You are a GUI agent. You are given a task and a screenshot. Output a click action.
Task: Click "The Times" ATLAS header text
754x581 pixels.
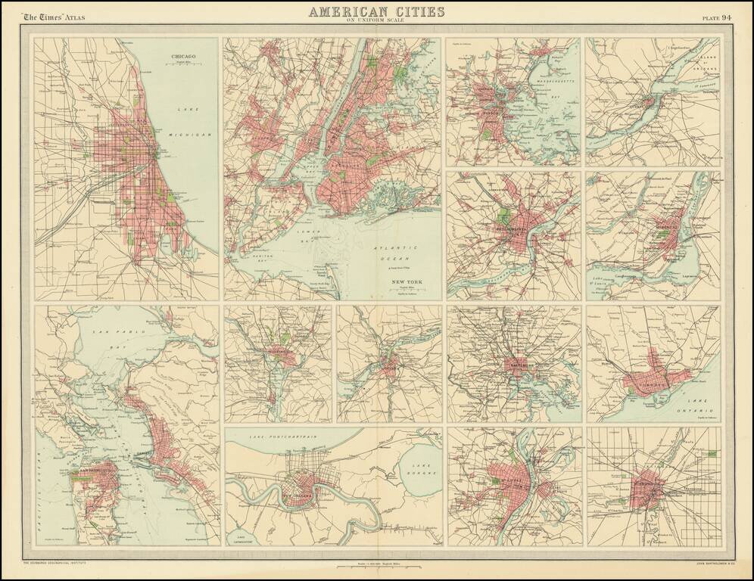(x=54, y=17)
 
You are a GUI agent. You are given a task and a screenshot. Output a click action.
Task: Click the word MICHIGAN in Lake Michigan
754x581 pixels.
(x=195, y=132)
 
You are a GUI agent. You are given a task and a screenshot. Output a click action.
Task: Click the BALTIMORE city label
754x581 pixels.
(x=518, y=365)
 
